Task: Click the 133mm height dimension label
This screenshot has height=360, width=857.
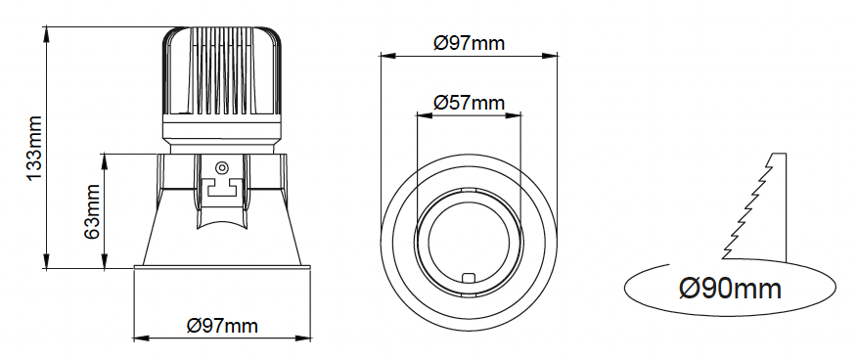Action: (34, 148)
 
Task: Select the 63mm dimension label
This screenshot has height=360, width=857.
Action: (92, 211)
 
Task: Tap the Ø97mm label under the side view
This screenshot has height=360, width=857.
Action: (222, 326)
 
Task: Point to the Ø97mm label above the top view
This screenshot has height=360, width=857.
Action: (469, 43)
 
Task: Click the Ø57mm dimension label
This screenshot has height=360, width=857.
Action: (469, 102)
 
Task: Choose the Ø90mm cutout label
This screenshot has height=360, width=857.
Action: (730, 288)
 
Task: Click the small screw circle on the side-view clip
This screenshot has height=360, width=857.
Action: (221, 167)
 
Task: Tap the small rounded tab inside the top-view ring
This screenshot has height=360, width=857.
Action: (469, 278)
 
